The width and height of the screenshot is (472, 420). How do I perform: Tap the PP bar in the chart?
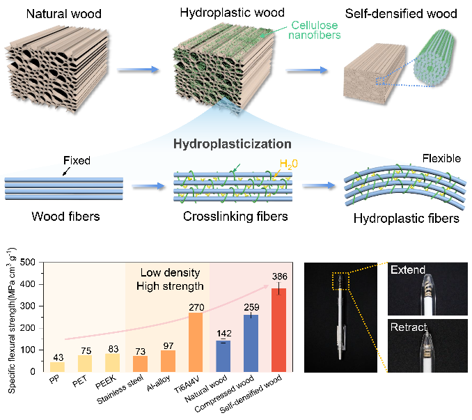coord(57,366)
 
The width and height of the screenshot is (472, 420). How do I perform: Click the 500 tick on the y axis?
coord(29,262)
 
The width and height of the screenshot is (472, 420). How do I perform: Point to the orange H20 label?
coord(310,164)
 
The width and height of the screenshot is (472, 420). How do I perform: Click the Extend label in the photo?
coord(410,270)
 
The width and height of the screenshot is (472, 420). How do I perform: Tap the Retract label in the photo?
coord(410,327)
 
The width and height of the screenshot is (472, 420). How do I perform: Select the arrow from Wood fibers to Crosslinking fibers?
coord(147,186)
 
